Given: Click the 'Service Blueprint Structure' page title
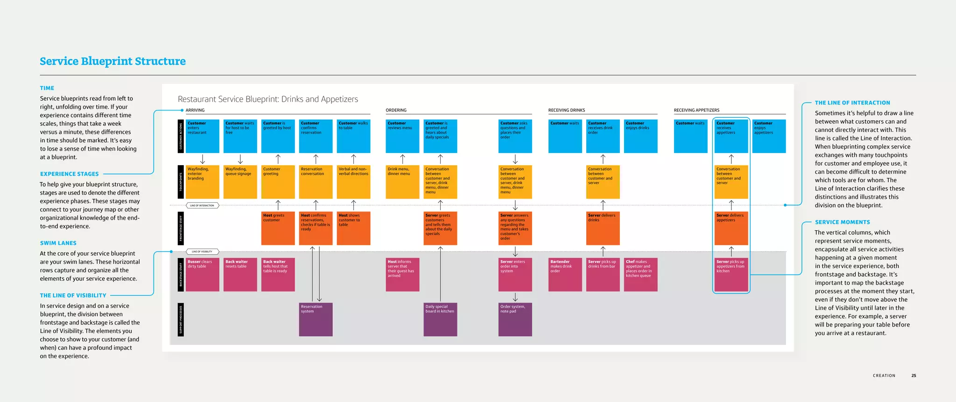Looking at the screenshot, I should click(112, 61).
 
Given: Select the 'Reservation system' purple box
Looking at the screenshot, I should click(316, 319).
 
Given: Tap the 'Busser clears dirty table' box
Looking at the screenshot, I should click(202, 274).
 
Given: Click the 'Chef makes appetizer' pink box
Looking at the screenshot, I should click(640, 274).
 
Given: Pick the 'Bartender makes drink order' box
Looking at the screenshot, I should click(565, 274).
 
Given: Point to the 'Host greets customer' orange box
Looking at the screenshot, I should click(278, 228).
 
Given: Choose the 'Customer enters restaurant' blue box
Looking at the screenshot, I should click(202, 136).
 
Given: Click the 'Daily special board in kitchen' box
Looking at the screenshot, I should click(440, 319).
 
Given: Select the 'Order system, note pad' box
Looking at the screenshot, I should click(515, 319).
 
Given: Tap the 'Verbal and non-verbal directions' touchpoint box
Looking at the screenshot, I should click(353, 182).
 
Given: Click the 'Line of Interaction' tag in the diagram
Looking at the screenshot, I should click(202, 205).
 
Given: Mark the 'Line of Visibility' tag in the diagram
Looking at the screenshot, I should click(202, 251).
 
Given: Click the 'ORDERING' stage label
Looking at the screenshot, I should click(396, 110).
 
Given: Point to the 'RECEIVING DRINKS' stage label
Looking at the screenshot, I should click(566, 110).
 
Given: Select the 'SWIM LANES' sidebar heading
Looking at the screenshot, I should click(58, 243).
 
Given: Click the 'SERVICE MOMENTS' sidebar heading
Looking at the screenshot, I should click(842, 222).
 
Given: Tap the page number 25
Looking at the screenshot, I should click(914, 375).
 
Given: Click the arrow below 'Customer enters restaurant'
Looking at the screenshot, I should click(202, 159).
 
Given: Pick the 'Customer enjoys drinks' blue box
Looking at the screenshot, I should click(640, 136).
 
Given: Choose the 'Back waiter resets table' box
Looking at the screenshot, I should click(240, 274).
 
